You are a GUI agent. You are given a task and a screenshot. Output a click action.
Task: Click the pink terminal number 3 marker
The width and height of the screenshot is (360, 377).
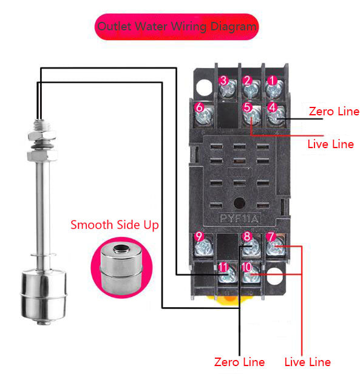click(223, 80)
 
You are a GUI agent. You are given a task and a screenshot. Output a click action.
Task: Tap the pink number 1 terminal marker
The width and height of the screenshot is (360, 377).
click(272, 80)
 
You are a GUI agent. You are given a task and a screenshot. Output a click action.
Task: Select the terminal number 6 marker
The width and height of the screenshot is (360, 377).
click(199, 107)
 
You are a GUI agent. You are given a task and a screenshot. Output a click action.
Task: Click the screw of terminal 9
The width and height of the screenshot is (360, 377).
click(203, 247)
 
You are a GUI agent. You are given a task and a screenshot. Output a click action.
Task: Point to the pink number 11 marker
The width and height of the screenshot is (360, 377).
click(223, 267)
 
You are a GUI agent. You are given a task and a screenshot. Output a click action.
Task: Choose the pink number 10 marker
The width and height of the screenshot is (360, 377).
click(246, 267)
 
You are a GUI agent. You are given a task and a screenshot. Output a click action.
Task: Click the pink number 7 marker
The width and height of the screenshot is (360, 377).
click(271, 236)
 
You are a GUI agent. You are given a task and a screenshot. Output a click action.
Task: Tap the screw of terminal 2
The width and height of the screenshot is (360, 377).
click(251, 89)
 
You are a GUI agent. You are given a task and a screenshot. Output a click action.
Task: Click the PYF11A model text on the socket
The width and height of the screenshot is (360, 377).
click(239, 219)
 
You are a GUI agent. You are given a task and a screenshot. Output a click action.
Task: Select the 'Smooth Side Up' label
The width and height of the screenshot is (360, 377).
click(115, 225)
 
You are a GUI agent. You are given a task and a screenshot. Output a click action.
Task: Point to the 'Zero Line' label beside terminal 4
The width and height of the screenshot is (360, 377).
click(334, 111)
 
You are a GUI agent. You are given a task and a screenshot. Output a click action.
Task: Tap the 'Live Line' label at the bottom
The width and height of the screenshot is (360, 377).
click(308, 362)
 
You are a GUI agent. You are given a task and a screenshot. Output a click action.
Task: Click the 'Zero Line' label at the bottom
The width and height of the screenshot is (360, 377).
click(239, 362)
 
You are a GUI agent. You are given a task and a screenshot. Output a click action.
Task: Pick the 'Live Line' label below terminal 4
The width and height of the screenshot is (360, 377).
click(331, 144)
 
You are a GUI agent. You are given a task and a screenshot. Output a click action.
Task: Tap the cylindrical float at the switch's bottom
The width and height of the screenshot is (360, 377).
click(43, 297)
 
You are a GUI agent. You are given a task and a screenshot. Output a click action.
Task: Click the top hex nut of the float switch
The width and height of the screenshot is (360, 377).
click(42, 135)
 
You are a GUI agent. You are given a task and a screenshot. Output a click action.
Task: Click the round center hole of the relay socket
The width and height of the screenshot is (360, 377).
click(240, 203)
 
